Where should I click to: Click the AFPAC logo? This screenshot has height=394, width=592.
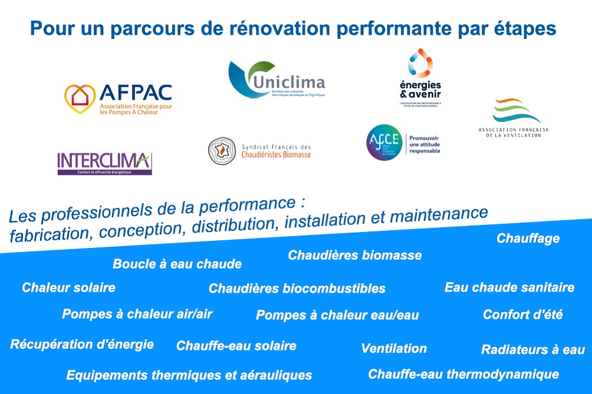(118, 98)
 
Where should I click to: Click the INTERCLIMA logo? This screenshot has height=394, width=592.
(104, 163)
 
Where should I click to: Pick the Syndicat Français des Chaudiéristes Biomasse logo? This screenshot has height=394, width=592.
(259, 151)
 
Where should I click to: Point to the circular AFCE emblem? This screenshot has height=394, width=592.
(384, 142)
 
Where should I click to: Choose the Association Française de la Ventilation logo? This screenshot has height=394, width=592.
(512, 118)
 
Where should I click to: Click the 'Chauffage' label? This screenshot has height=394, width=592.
(528, 239)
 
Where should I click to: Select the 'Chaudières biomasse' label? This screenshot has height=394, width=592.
(354, 255)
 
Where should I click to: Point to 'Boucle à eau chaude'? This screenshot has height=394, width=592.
(177, 264)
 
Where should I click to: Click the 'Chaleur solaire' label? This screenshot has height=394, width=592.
(68, 287)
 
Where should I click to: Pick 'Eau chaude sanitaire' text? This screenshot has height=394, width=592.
(509, 287)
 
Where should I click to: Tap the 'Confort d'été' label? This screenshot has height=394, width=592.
(522, 314)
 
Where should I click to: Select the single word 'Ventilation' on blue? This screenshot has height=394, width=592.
(393, 348)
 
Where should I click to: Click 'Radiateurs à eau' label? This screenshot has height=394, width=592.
(532, 350)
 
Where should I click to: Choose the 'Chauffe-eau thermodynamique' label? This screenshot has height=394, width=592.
(463, 374)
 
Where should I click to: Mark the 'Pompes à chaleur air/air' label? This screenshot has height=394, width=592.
(137, 314)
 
